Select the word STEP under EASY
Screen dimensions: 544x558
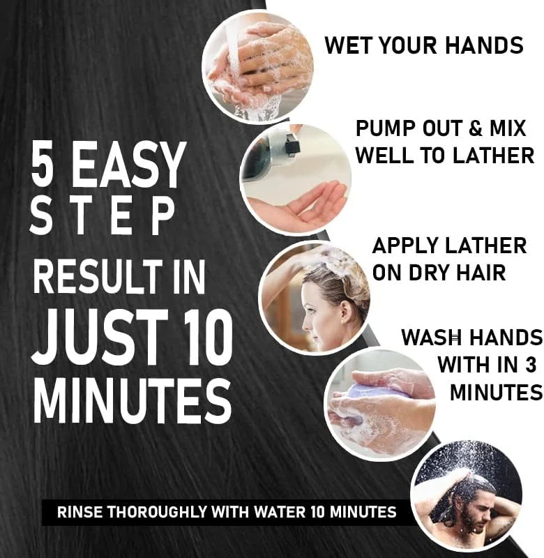tap(102, 216)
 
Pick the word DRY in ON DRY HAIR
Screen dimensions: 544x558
tap(429, 273)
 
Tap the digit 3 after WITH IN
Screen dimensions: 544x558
tap(530, 364)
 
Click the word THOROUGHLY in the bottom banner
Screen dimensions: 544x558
tap(156, 512)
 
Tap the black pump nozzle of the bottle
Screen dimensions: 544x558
tap(292, 147)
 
